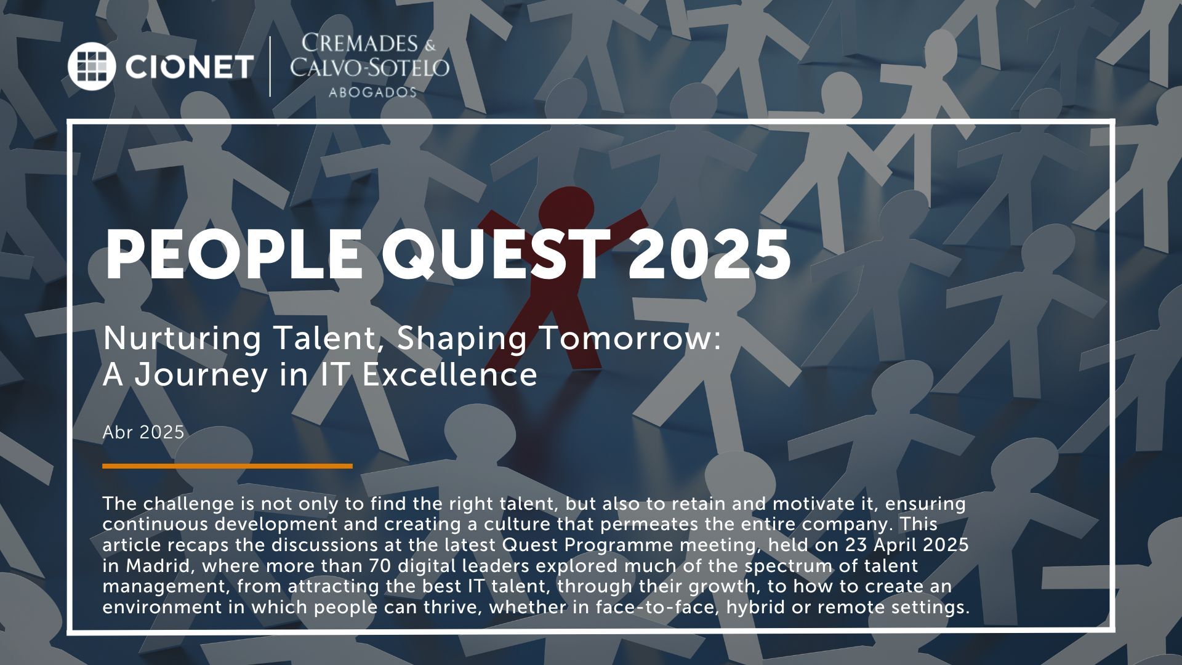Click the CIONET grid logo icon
92,66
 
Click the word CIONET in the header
189,66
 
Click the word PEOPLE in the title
235,255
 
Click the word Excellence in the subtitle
449,375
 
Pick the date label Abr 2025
143,432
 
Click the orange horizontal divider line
227,466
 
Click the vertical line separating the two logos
271,66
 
